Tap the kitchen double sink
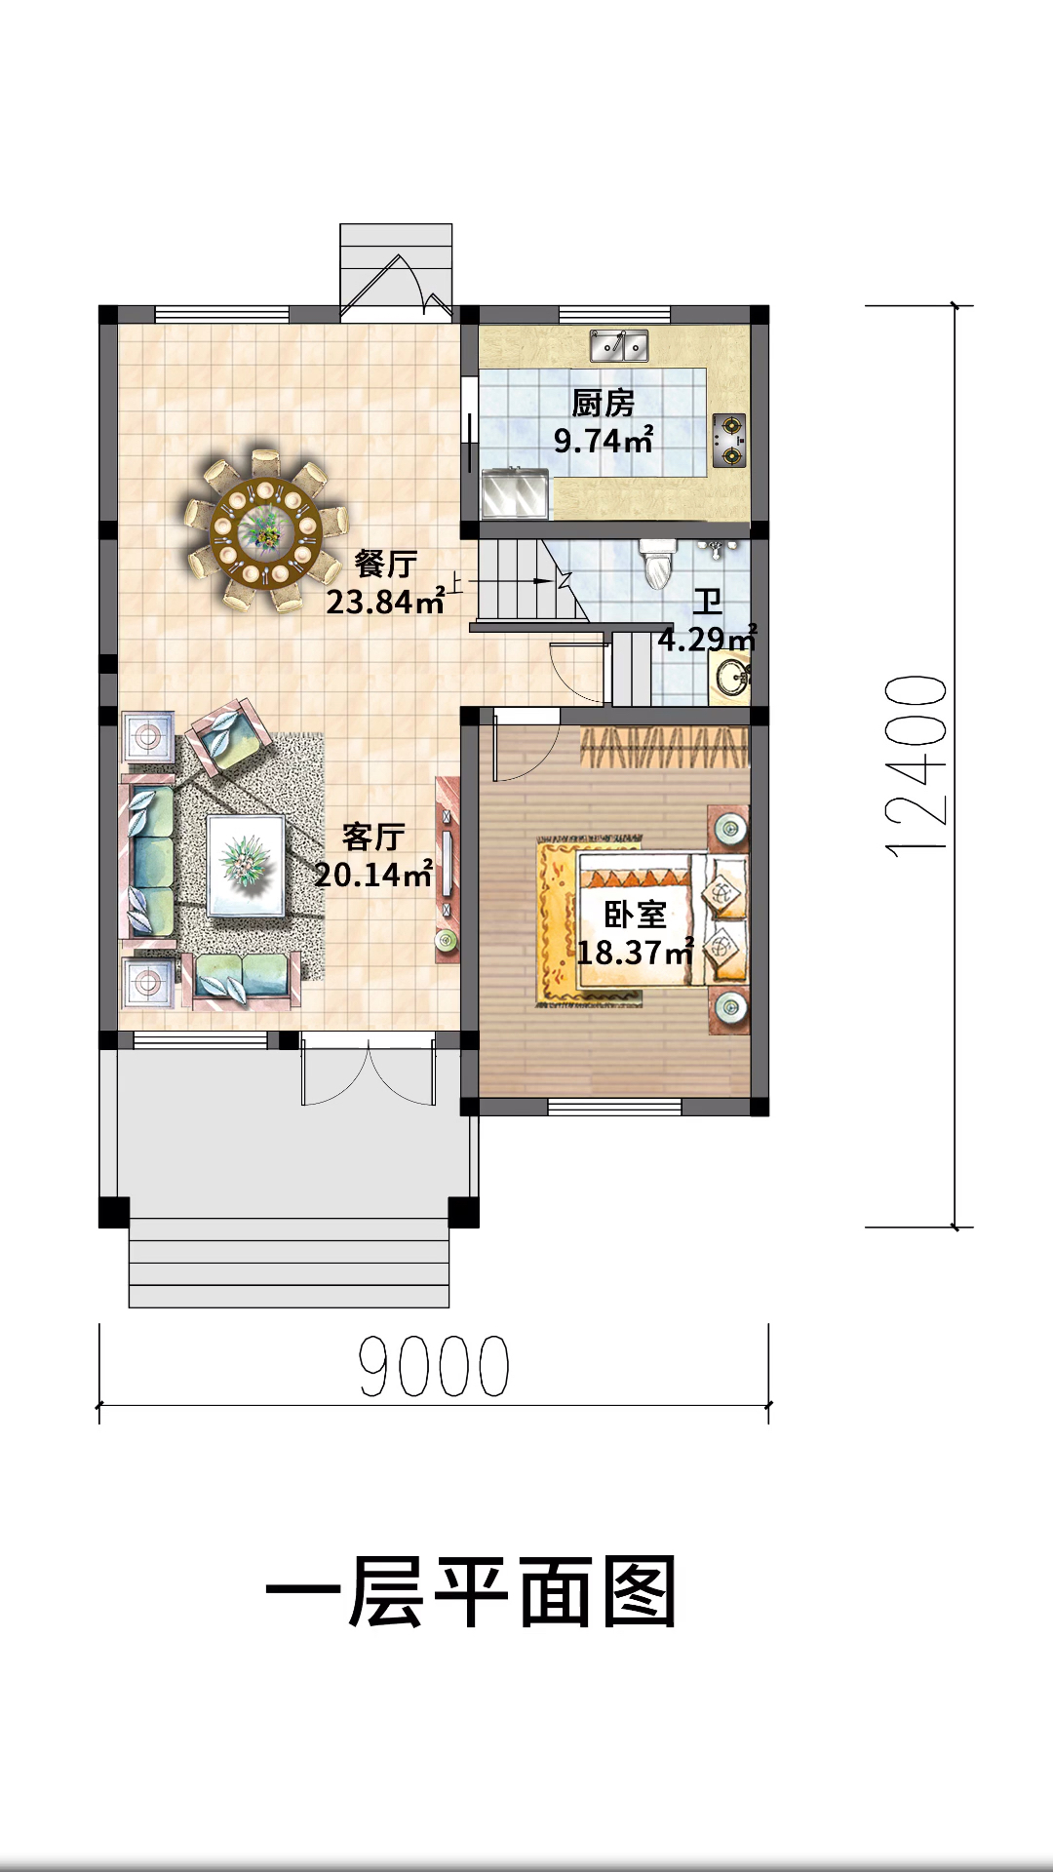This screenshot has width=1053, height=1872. click(x=619, y=345)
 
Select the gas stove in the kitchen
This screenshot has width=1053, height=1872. click(x=729, y=440)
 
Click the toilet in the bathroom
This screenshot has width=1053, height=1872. click(x=658, y=563)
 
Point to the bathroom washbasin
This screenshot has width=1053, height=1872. click(x=728, y=678)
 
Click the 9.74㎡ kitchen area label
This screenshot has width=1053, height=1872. click(x=604, y=441)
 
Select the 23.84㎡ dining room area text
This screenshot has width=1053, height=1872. click(x=385, y=602)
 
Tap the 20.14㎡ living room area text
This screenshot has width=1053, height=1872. click(x=373, y=875)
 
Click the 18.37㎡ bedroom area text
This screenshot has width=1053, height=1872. click(x=635, y=952)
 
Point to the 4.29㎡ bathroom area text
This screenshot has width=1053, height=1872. click(x=708, y=640)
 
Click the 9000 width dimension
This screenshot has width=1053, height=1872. click(x=434, y=1366)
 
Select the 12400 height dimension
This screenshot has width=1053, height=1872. click(x=916, y=766)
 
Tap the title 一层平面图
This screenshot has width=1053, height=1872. click(x=472, y=1592)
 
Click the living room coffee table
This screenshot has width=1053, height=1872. click(x=246, y=865)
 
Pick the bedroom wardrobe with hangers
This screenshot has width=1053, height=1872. click(x=665, y=747)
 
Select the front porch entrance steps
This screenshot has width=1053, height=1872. click(x=289, y=1263)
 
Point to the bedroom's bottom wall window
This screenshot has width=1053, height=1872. click(x=614, y=1107)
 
